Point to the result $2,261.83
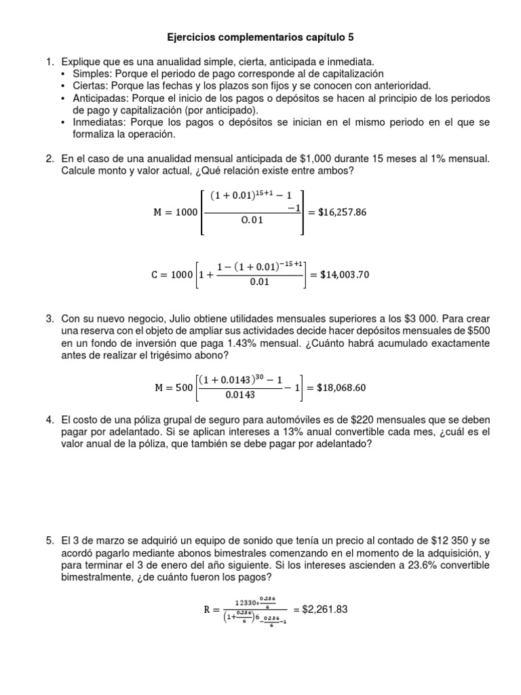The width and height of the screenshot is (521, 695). click(x=324, y=609)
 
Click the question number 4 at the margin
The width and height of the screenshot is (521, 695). click(x=50, y=419)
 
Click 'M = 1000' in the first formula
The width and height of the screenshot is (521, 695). click(x=176, y=212)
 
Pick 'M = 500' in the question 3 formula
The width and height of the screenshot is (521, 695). click(x=173, y=388)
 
